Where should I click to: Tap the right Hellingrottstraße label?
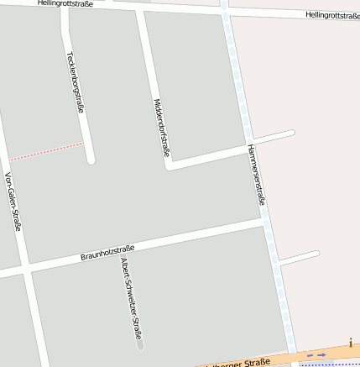[x=332, y=15]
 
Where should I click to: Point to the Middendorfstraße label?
[x=162, y=128]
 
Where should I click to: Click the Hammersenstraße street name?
[x=257, y=174]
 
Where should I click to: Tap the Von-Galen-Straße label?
[x=13, y=201]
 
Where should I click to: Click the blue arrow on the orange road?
[x=316, y=355]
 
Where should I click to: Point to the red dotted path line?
[x=46, y=151]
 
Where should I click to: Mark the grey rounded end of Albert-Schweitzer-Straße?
[x=140, y=343]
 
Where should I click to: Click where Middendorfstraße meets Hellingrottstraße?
[x=140, y=9]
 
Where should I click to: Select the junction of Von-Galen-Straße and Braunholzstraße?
[x=25, y=268]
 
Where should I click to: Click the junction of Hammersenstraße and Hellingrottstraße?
[x=225, y=12]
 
